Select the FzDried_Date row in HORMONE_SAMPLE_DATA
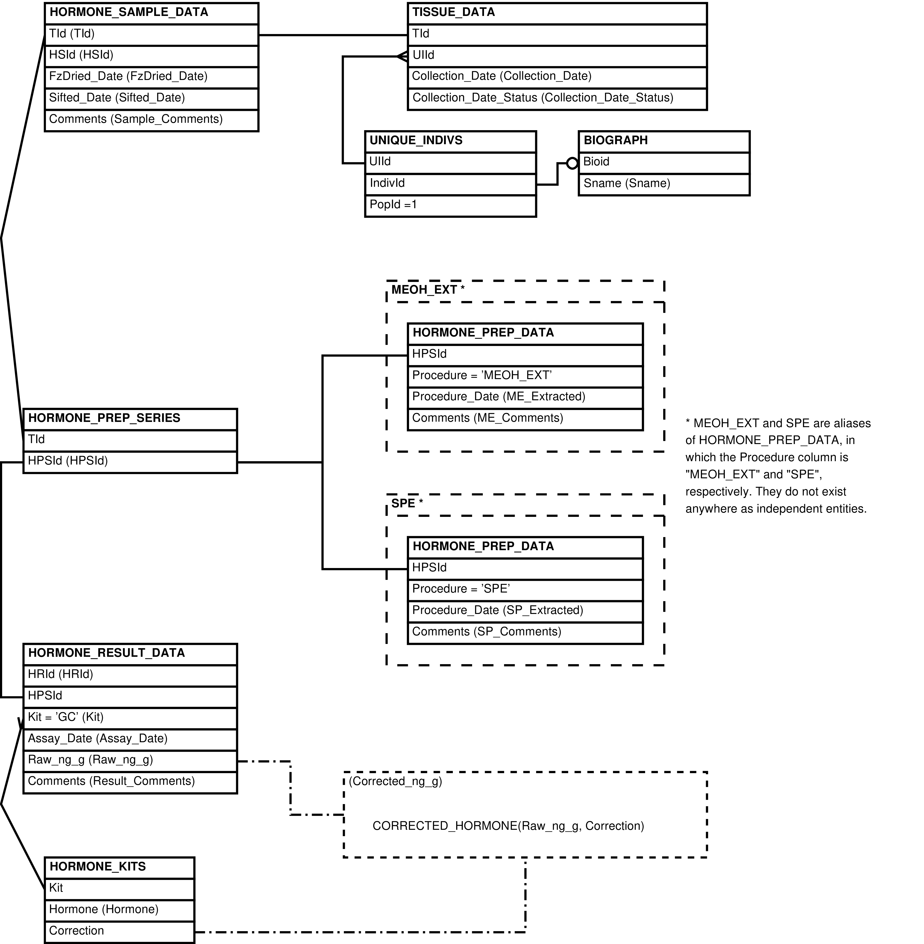pyautogui.click(x=151, y=78)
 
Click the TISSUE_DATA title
pyautogui.click(x=454, y=12)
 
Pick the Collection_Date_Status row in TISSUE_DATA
pyautogui.click(x=557, y=99)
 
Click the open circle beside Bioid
pyautogui.click(x=573, y=163)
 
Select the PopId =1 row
pyautogui.click(x=450, y=206)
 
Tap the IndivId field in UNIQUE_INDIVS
pyautogui.click(x=450, y=184)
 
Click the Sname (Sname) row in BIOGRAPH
pyautogui.click(x=664, y=184)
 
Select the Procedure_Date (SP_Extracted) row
pyautogui.click(x=525, y=612)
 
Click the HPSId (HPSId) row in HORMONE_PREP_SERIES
pyautogui.click(x=130, y=462)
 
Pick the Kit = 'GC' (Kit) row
pyautogui.click(x=130, y=718)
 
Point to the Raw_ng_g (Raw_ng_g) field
pyautogui.click(x=130, y=761)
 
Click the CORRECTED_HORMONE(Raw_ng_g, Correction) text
pyautogui.click(x=508, y=826)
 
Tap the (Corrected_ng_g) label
pyautogui.click(x=395, y=781)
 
